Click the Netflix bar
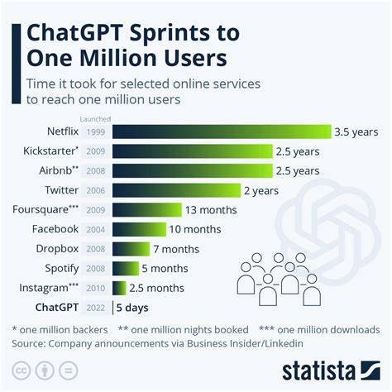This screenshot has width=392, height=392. click(221, 131)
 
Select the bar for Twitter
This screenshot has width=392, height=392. click(176, 189)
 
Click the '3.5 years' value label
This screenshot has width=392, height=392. click(356, 131)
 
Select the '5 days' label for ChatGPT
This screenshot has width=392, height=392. click(133, 307)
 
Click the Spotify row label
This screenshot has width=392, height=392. click(60, 268)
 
